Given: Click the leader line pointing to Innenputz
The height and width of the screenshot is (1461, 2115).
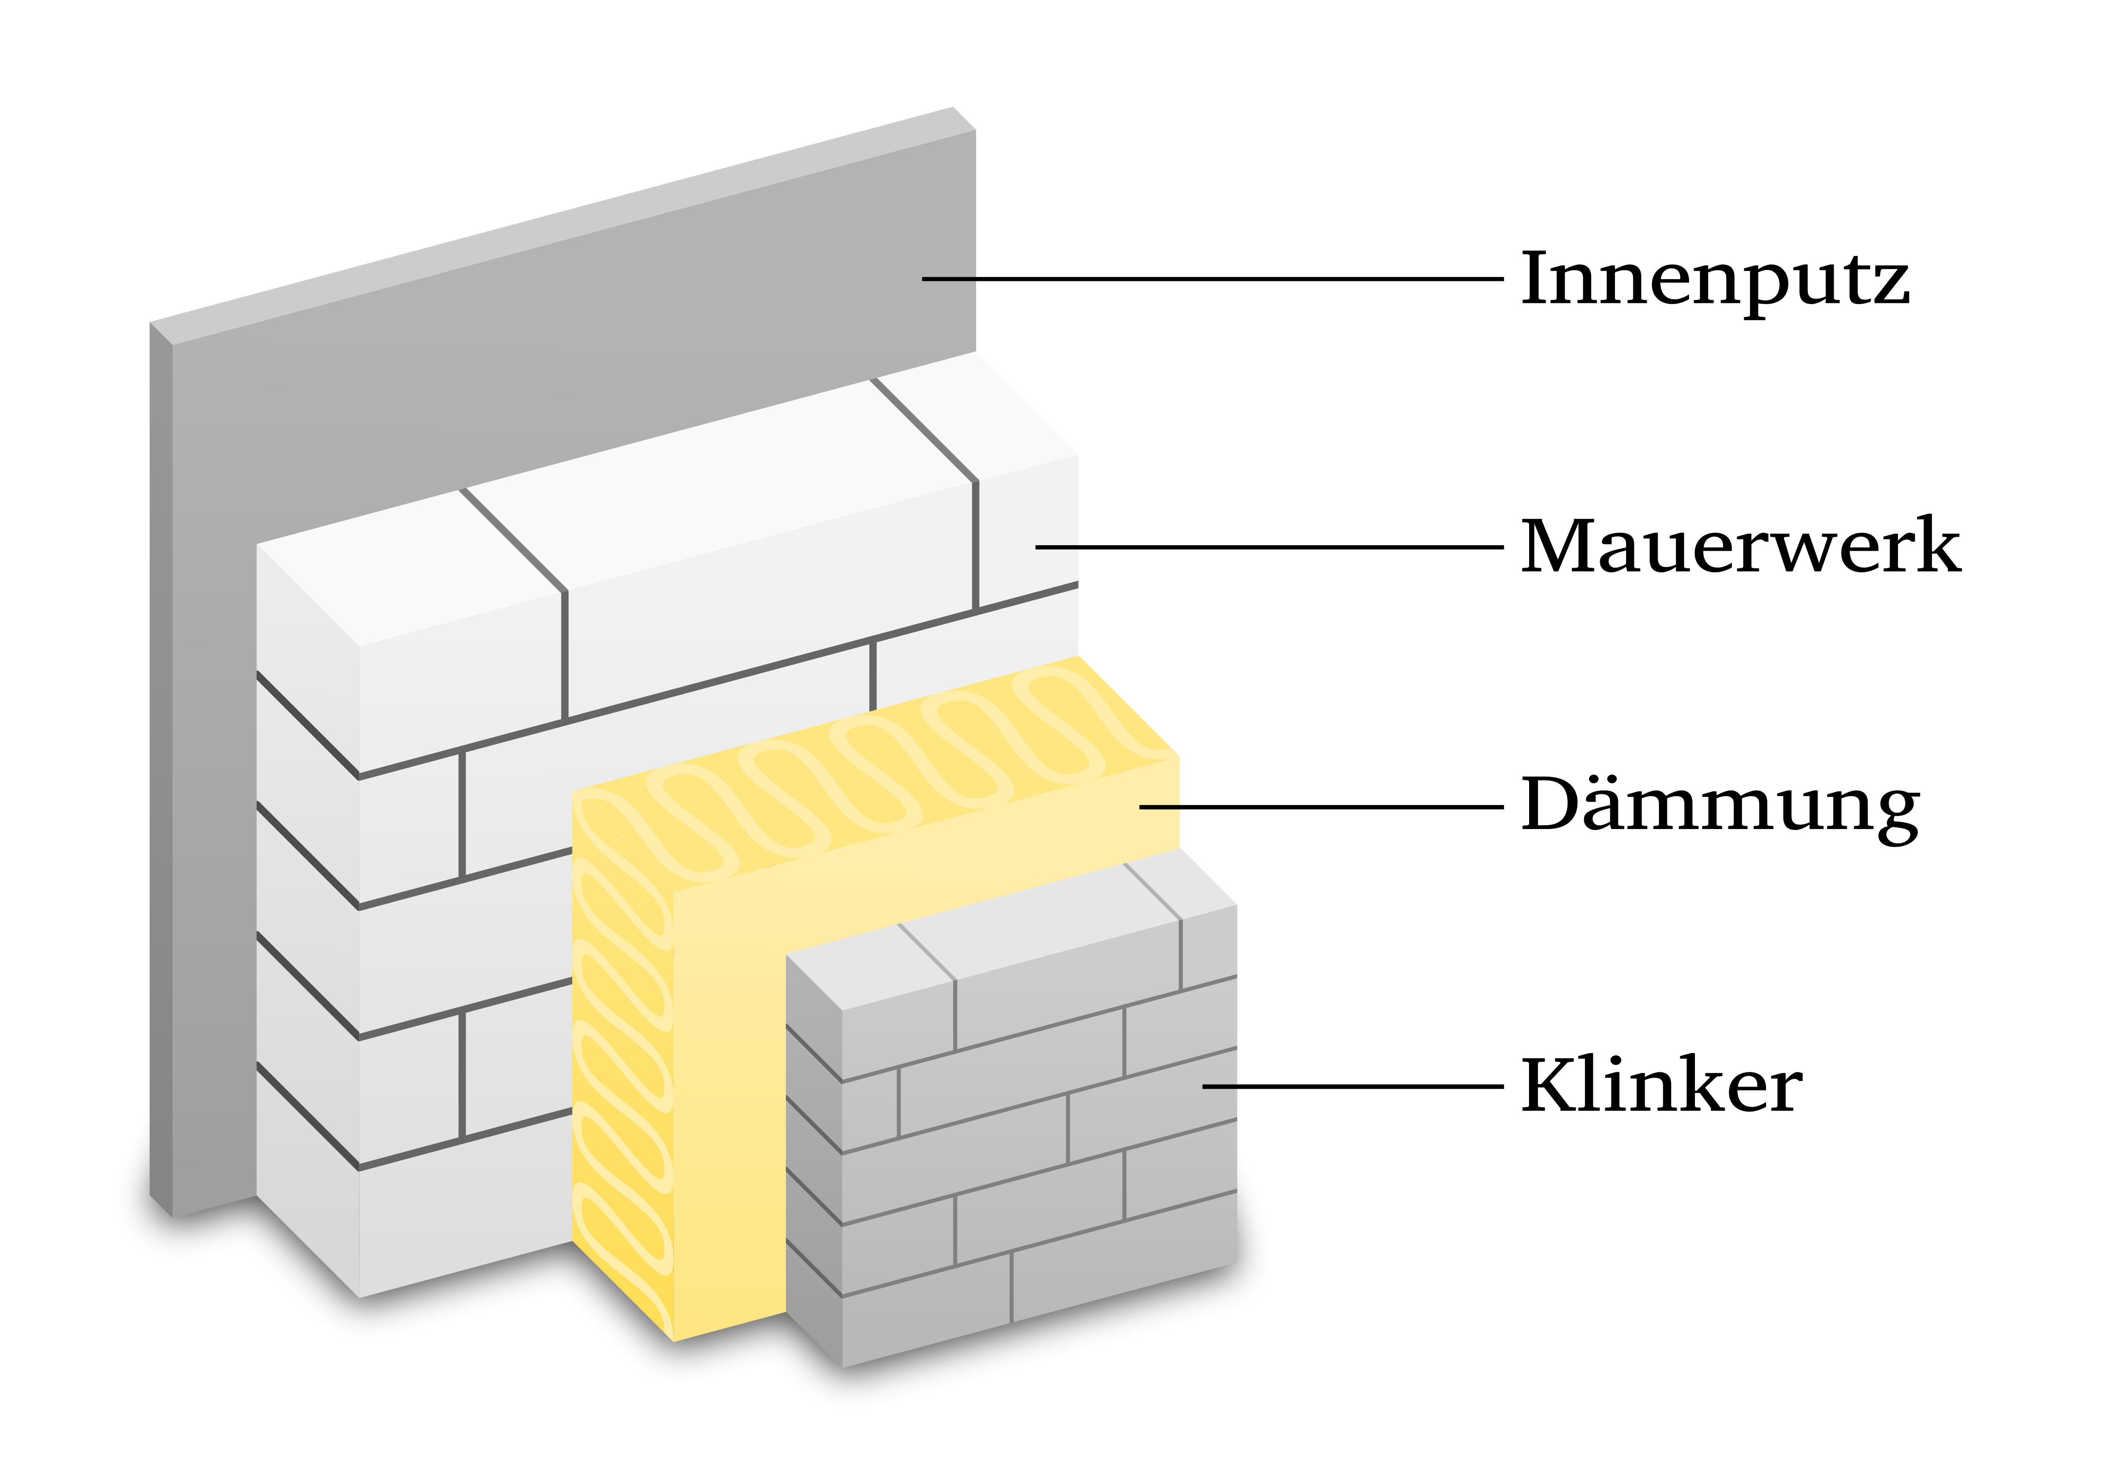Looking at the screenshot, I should pos(1208,278).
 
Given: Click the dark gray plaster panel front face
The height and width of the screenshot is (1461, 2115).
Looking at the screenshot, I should pos(549,366).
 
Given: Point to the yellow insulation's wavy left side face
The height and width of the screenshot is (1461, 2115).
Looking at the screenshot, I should pos(622,1053).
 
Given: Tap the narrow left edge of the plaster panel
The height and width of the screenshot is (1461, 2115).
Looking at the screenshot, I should pos(161,778).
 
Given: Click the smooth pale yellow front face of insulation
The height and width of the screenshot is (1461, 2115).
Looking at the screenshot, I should pos(728,1098).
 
